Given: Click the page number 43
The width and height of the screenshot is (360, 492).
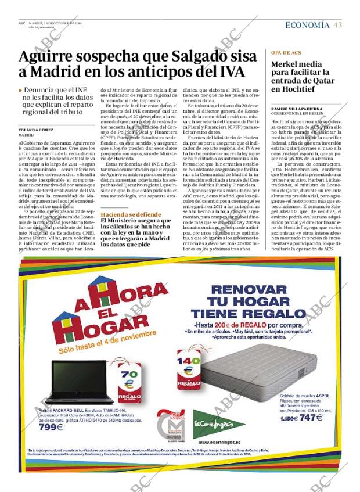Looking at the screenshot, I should coord(338,25).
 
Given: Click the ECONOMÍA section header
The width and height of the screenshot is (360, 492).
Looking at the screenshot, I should coord(307,25).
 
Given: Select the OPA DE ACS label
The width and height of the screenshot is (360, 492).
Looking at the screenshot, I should coord(286,52).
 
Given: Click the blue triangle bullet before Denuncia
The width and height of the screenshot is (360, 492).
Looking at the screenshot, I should coord(21,91).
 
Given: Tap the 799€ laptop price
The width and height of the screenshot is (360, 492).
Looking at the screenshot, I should coord(51,428).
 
